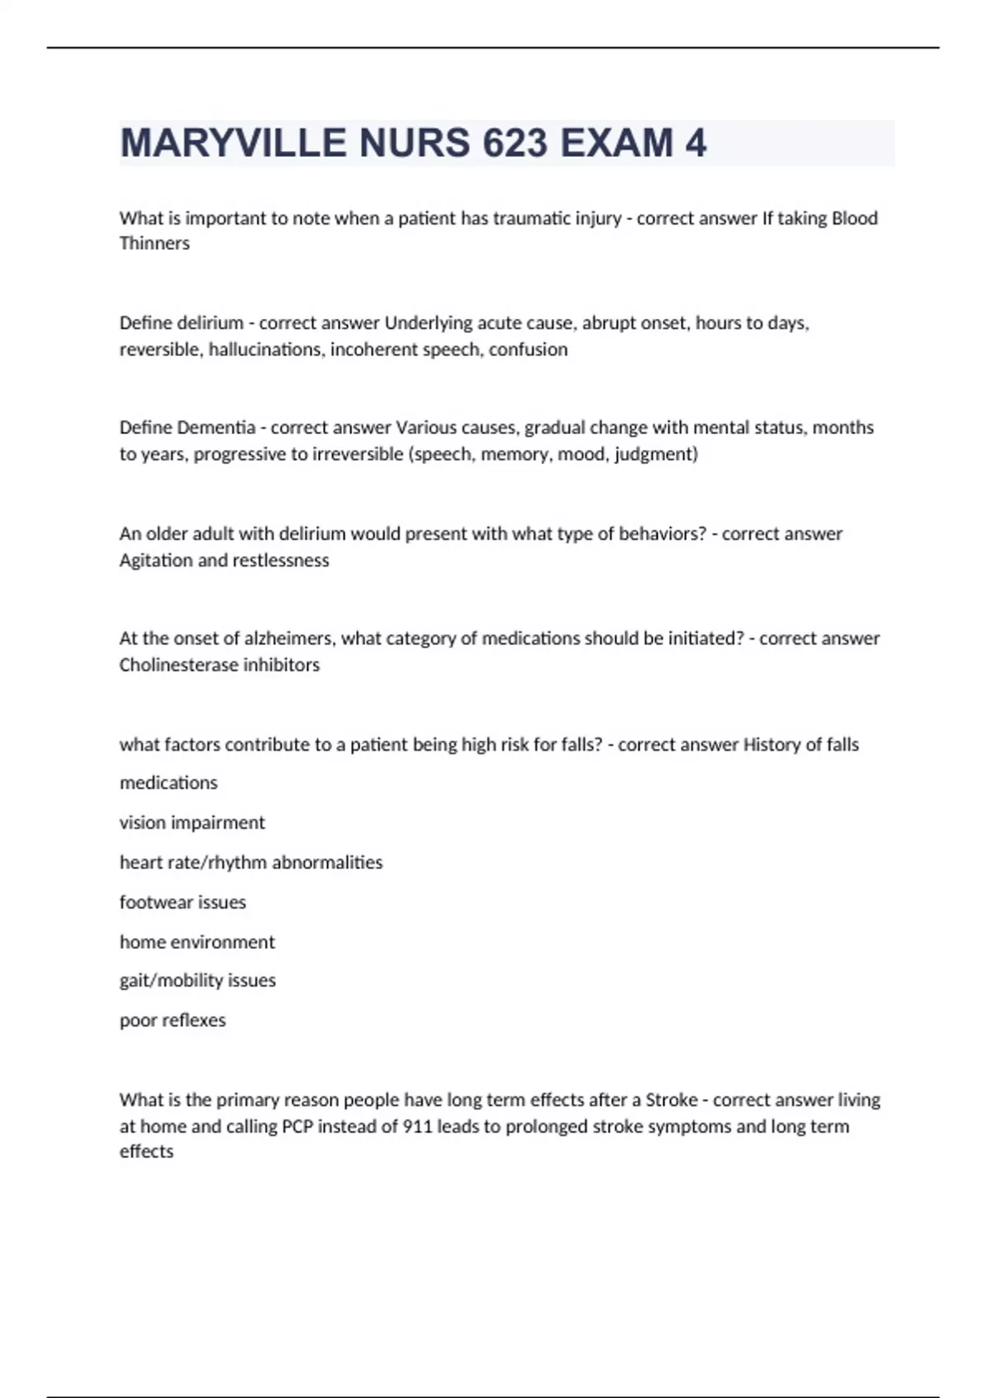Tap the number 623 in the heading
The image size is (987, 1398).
click(x=515, y=143)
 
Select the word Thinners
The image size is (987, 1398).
click(x=155, y=243)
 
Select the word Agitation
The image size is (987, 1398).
click(x=155, y=560)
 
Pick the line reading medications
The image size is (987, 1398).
click(x=169, y=783)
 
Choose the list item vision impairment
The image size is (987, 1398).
click(x=192, y=822)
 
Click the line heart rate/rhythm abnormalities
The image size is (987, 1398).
click(x=251, y=863)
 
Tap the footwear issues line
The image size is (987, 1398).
click(x=183, y=902)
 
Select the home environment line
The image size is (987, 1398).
click(x=197, y=942)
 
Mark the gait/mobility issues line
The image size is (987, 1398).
click(x=197, y=980)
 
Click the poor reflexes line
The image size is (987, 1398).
click(x=173, y=1021)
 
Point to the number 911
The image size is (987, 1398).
click(x=417, y=1126)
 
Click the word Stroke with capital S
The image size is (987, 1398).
click(x=671, y=1099)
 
